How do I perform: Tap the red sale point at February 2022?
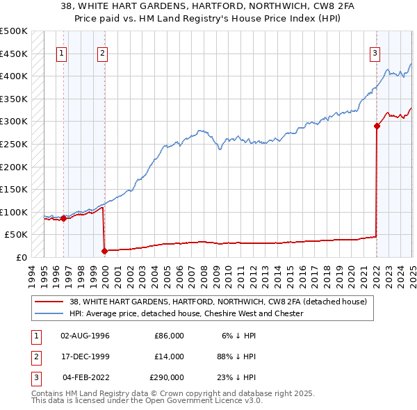[x=377, y=126]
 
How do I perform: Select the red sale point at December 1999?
[x=104, y=251]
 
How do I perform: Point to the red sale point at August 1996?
[x=63, y=218]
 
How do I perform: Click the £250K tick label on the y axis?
[x=14, y=144]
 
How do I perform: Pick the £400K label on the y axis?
[x=14, y=76]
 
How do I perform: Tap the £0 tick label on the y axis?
[x=20, y=257]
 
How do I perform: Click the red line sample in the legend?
[x=49, y=302]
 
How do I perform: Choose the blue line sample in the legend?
[x=49, y=313]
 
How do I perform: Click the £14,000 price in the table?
[x=169, y=356]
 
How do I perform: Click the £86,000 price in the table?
[x=169, y=336]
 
